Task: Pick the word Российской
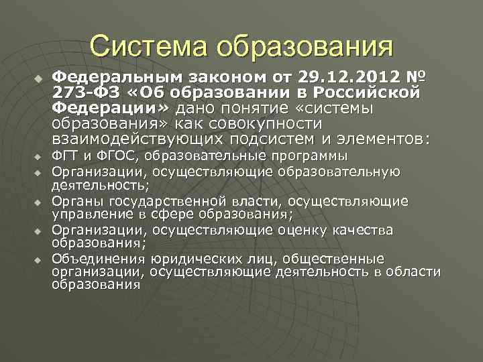pos(373,92)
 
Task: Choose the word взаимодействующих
pos(138,139)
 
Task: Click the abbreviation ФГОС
pos(113,156)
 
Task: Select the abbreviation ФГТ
pos(65,156)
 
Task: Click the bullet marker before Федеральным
pos(38,78)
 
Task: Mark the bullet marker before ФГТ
pos(38,157)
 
